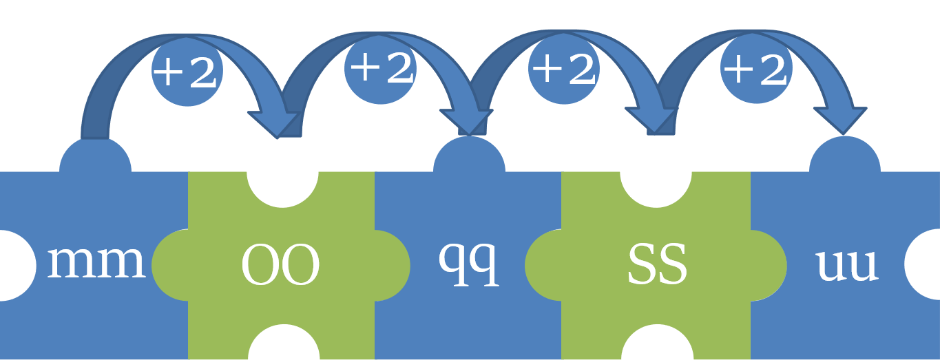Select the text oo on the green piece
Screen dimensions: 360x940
[x=280, y=266]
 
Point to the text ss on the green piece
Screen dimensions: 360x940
[x=656, y=266]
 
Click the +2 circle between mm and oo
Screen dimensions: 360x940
[x=187, y=71]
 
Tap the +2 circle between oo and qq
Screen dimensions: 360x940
[x=381, y=68]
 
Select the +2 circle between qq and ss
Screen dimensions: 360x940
[x=564, y=69]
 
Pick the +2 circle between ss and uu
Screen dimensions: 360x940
[x=755, y=68]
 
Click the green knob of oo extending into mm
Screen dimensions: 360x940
[x=169, y=266]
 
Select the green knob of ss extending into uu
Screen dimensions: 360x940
[x=769, y=266]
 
